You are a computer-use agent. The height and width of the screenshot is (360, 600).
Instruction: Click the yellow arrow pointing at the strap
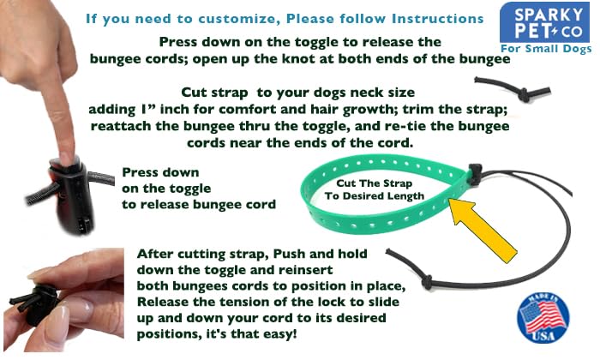[483, 231]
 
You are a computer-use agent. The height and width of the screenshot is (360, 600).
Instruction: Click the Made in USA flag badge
[543, 317]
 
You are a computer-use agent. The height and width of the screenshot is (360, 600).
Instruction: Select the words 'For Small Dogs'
[546, 49]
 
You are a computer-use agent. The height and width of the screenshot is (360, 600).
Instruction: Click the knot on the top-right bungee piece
[524, 94]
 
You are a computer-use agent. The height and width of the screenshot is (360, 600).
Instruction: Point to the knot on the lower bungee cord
[427, 281]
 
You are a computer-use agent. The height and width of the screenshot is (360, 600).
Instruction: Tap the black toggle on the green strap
[475, 175]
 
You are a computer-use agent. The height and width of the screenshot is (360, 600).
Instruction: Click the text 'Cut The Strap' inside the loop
[374, 183]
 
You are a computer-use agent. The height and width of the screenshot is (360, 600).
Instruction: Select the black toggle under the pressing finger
[73, 195]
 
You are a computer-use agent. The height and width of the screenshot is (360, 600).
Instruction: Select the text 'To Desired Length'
[375, 196]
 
